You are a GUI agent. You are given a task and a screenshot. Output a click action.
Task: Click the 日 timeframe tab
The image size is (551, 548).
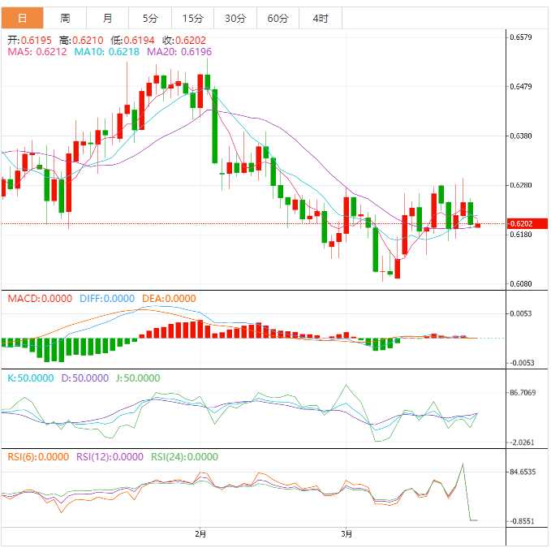[22, 18]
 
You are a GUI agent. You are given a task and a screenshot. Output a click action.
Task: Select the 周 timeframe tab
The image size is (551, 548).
[65, 18]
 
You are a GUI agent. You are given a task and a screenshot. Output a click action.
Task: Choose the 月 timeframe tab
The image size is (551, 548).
[108, 18]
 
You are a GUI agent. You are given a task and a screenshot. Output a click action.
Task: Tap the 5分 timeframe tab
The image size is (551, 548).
[150, 18]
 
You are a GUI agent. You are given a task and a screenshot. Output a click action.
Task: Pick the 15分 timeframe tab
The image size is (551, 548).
[193, 18]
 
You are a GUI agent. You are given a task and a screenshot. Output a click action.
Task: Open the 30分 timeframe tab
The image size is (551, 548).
[235, 18]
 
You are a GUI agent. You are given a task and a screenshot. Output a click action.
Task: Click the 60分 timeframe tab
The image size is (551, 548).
[278, 18]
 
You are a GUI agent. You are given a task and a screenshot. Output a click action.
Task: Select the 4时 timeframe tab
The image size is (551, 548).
[320, 18]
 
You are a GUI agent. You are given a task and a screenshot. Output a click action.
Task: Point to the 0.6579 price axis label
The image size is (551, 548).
[520, 37]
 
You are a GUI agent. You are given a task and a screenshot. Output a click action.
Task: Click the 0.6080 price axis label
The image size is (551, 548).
[520, 284]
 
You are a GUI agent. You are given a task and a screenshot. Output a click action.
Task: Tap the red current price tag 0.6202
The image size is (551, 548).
[520, 223]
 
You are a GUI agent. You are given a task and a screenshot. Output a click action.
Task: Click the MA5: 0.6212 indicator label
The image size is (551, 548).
[36, 52]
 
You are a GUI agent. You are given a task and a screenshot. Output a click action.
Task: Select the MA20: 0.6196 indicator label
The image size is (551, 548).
[179, 52]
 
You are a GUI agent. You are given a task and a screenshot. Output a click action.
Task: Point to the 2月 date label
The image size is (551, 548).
[200, 533]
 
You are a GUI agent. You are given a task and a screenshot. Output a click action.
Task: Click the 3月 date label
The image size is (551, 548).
[347, 533]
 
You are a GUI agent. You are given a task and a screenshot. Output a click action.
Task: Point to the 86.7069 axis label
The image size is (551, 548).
[523, 392]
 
